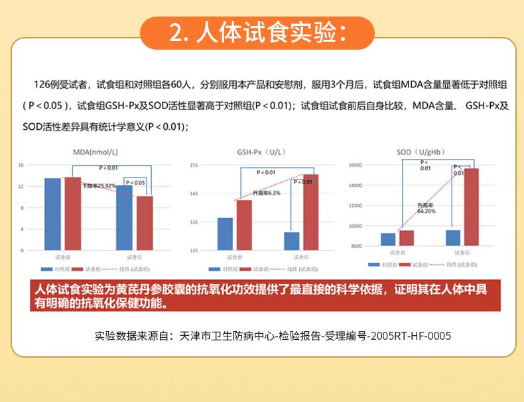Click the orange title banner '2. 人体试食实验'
259,32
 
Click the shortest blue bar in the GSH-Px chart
292,241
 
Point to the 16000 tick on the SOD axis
356,165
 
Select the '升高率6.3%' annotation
266,193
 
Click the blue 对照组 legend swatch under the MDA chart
46,270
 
